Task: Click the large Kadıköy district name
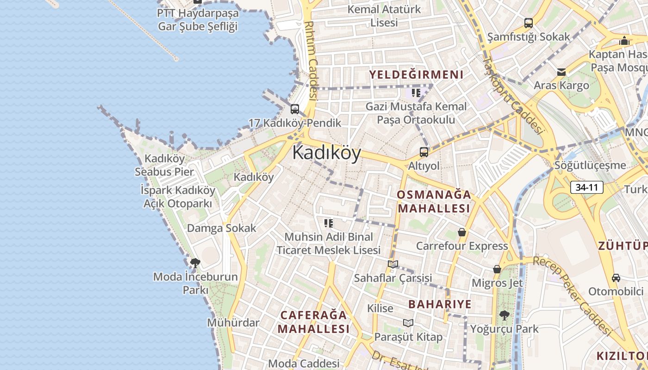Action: tap(326, 153)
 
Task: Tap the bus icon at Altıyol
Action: tap(424, 152)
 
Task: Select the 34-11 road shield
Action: tap(587, 187)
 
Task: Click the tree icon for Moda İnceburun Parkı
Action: tap(195, 263)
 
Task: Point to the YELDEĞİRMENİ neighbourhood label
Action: tap(416, 74)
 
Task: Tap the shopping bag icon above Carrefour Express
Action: tap(461, 232)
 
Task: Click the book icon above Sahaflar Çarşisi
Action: tap(393, 264)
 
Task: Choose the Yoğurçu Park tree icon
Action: tap(504, 315)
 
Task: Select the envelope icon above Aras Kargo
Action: tap(561, 72)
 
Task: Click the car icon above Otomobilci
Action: tap(616, 277)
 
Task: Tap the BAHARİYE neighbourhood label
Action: tap(440, 304)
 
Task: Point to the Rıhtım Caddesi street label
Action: tap(311, 60)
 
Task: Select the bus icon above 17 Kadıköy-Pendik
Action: tap(294, 109)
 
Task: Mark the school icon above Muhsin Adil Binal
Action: tap(329, 223)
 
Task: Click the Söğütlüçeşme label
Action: tap(590, 165)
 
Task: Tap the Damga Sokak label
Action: tap(221, 228)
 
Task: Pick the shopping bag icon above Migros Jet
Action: tap(497, 269)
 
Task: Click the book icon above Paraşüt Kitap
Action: tap(408, 323)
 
